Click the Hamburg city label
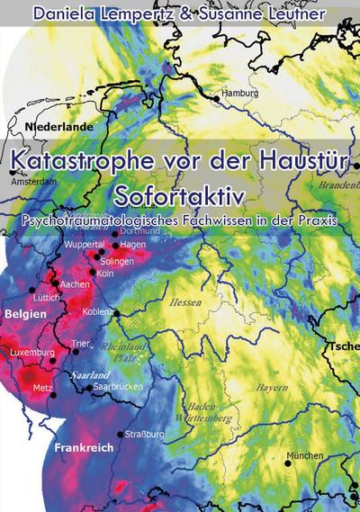(x=239, y=94)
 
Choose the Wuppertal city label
(x=87, y=244)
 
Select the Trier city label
(x=82, y=343)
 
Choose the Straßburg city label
(x=145, y=434)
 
